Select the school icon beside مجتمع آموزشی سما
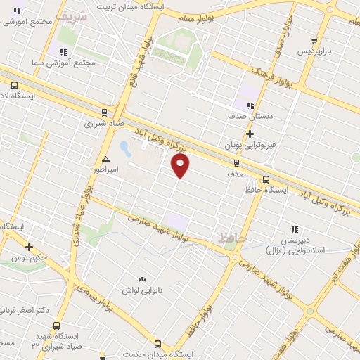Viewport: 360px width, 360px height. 63,51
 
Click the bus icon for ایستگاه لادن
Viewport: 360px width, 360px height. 15,86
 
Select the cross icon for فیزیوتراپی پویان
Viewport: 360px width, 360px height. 250,134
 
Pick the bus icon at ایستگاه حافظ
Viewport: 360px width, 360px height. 266,179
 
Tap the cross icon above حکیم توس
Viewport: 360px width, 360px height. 29,247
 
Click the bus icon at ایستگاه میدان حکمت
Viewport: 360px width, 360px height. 157,345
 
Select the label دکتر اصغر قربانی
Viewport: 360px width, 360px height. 24,310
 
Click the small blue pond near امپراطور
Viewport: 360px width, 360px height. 124,148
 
